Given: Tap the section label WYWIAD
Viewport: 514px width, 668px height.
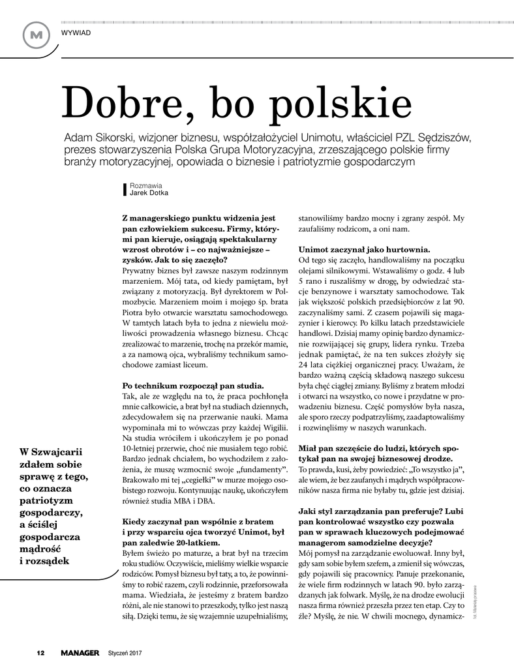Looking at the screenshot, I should tap(76, 32).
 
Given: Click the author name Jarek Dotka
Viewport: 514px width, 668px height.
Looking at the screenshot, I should tap(149, 192).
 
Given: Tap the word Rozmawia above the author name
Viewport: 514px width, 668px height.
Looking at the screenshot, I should tap(145, 185).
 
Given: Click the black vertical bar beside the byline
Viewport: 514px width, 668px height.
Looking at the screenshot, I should tap(125, 189).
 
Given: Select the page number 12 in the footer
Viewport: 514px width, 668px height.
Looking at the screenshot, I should tap(40, 652).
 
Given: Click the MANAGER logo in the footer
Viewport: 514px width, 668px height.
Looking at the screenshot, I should tap(80, 652).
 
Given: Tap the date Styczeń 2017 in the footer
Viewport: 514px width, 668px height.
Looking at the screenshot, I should tap(125, 652).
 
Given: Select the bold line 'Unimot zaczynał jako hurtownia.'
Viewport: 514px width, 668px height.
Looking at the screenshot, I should tap(364, 249).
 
